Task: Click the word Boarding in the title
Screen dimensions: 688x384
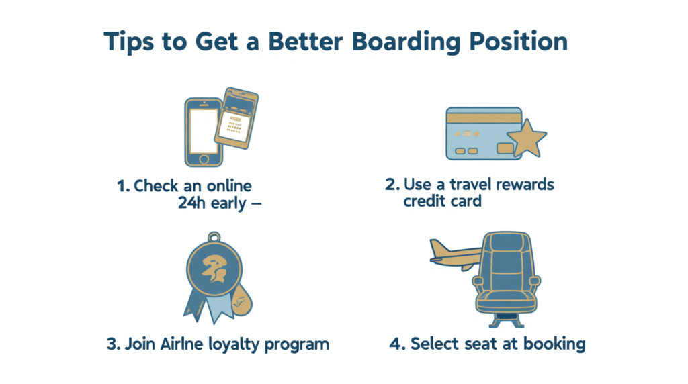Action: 406,42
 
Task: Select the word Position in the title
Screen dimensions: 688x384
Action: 518,41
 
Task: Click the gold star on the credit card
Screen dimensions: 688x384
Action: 527,138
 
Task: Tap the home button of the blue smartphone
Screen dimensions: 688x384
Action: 204,159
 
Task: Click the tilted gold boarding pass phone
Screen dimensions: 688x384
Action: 236,118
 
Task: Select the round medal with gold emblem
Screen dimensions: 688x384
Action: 214,269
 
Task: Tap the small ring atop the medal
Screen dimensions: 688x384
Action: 214,237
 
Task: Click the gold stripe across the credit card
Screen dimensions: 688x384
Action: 484,117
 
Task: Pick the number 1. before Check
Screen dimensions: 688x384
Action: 124,186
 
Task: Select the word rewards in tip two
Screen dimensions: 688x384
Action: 525,185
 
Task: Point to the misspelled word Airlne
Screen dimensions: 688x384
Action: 181,344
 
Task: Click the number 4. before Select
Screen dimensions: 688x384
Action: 397,344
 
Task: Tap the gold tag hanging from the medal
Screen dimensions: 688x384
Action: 241,300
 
